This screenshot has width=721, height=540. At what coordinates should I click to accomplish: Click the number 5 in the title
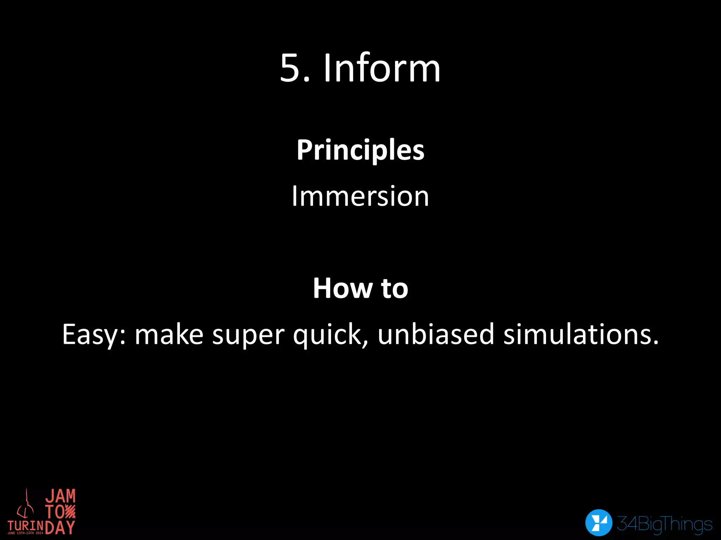(x=290, y=68)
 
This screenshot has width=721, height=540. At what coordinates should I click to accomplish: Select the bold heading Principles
(x=360, y=150)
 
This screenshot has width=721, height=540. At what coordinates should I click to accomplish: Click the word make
(x=169, y=334)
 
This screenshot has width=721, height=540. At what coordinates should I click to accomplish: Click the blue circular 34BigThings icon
(x=598, y=522)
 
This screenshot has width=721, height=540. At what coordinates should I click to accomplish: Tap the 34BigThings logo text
(x=665, y=524)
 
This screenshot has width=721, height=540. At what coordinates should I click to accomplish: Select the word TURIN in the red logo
(x=26, y=526)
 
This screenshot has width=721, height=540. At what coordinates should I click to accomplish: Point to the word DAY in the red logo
(x=60, y=527)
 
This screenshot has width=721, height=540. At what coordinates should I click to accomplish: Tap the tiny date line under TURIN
(x=25, y=533)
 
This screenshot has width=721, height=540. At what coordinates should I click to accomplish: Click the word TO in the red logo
(x=55, y=512)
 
